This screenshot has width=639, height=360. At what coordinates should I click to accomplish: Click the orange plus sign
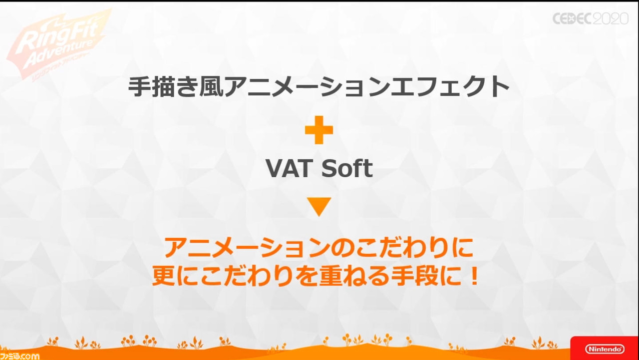(x=319, y=130)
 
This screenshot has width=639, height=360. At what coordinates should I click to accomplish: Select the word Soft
(x=347, y=168)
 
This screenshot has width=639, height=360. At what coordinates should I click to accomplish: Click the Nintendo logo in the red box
(x=605, y=349)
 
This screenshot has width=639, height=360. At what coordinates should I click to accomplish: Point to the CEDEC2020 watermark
(x=591, y=19)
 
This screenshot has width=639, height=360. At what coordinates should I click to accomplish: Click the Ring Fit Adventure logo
(x=58, y=45)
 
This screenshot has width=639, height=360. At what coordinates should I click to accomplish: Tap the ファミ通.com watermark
(x=19, y=356)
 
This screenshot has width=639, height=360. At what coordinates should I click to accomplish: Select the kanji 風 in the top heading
(x=211, y=87)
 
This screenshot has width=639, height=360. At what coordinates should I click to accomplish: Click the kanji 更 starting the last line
(x=163, y=276)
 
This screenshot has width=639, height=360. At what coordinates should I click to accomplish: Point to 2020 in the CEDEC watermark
(x=611, y=19)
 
